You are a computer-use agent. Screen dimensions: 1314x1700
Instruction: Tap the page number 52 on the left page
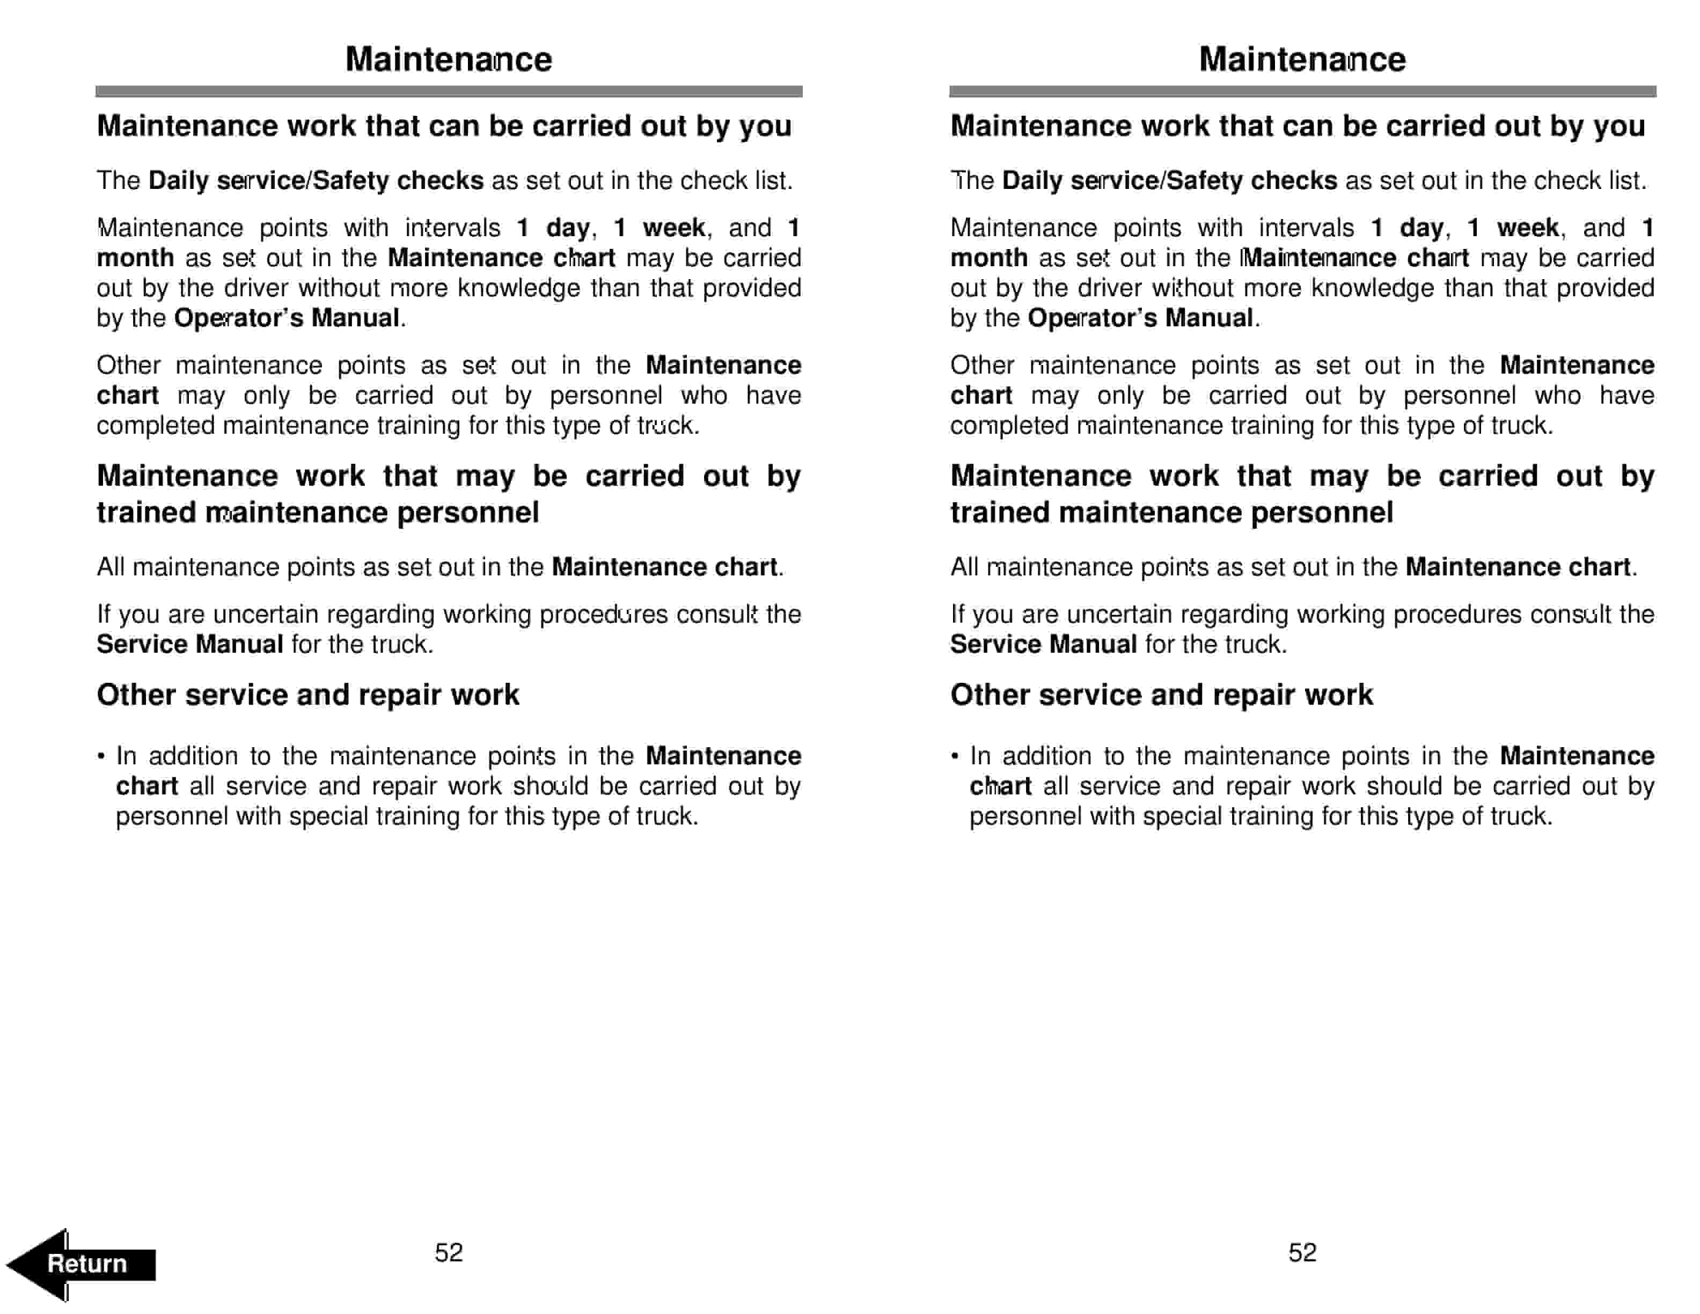449,1252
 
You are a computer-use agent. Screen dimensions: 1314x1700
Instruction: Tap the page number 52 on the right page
1302,1252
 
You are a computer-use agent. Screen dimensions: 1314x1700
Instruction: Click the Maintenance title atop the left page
449,59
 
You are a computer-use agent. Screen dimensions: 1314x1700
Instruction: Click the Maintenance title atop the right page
1302,59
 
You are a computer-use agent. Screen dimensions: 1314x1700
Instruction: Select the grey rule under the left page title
449,91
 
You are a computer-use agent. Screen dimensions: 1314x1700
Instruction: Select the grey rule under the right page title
1302,91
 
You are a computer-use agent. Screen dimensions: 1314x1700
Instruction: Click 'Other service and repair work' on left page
307,695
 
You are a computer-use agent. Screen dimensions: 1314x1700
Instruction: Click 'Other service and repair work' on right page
1161,695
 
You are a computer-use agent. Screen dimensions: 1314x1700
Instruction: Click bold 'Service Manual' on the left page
189,645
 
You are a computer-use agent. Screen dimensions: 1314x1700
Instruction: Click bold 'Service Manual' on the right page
1043,645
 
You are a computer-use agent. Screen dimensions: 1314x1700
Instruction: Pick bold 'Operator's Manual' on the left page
287,318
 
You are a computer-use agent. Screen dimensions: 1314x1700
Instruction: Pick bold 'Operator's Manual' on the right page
1140,318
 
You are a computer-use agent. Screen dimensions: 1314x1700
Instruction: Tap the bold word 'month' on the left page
135,258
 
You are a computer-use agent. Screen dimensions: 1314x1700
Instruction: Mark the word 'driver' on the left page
256,288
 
